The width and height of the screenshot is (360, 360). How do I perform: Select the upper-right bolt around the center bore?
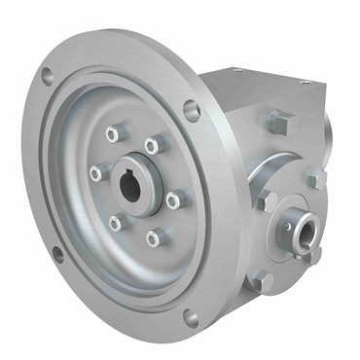[x=151, y=145]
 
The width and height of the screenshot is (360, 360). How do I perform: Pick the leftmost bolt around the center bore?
[x=95, y=173]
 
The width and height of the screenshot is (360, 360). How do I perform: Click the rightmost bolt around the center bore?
[x=173, y=199]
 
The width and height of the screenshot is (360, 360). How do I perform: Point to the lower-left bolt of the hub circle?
[x=116, y=223]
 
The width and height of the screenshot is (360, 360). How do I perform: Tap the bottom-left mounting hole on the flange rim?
[x=57, y=255]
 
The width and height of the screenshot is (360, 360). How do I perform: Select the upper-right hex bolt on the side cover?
[x=314, y=180]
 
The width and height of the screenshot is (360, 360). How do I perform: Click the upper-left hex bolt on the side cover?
[x=270, y=200]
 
